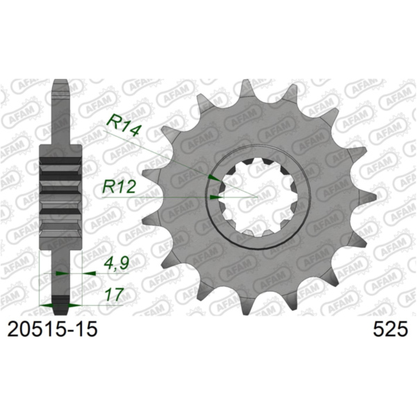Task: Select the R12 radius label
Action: point(119,186)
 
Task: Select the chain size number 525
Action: point(390,329)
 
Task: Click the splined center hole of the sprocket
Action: point(254,197)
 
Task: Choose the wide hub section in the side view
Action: point(62,188)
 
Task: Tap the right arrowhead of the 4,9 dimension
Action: point(88,274)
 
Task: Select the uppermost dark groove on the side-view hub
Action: point(62,164)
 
